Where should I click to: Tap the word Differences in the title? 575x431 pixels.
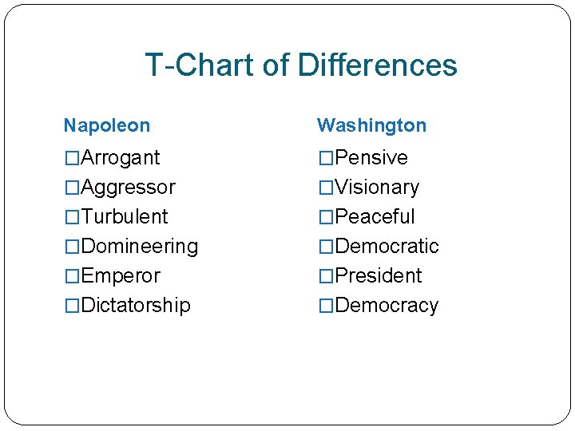377,65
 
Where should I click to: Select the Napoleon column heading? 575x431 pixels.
106,125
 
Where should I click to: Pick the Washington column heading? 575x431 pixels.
371,125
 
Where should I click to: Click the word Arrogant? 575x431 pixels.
120,157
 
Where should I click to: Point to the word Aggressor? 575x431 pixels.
128,187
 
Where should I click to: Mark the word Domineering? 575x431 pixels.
139,246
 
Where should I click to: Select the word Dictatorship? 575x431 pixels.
135,305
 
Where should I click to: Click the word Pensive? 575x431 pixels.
371,157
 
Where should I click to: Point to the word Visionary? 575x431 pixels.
377,187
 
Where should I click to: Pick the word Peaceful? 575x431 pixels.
375,216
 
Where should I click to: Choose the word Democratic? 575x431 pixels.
387,246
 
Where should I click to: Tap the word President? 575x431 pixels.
379,275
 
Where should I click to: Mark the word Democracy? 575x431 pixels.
387,305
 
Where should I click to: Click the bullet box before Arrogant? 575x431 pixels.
72,158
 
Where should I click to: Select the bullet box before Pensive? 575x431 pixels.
326,158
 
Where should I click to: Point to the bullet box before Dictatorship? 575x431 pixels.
72,306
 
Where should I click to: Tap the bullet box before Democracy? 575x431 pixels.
326,306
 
